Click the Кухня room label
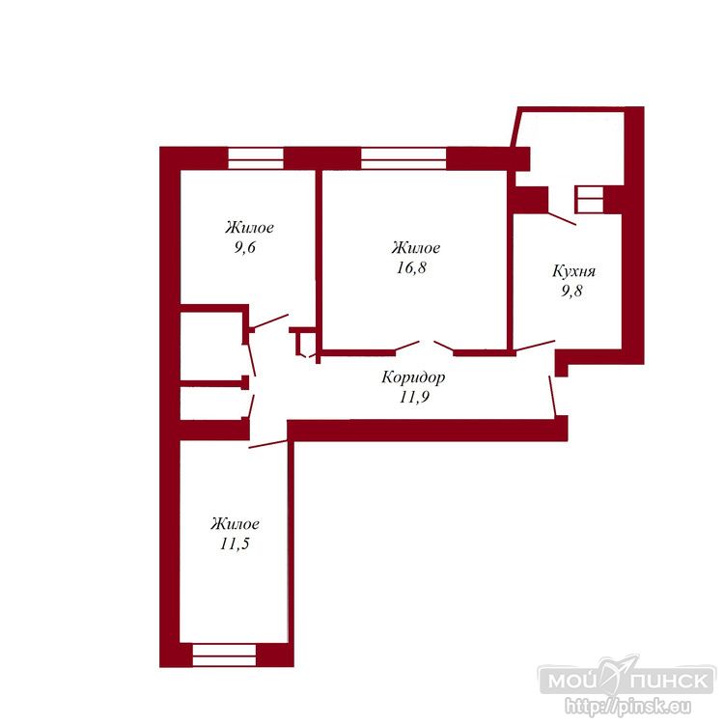pyautogui.click(x=574, y=271)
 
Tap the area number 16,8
pyautogui.click(x=411, y=267)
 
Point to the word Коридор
pyautogui.click(x=414, y=377)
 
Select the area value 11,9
pyautogui.click(x=415, y=397)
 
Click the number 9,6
pyautogui.click(x=245, y=248)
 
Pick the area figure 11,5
pyautogui.click(x=235, y=543)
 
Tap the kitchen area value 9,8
pyautogui.click(x=571, y=291)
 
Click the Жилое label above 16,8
pyautogui.click(x=416, y=248)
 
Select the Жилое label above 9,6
pyautogui.click(x=249, y=228)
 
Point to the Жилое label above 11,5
pyautogui.click(x=235, y=523)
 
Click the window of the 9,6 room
pyautogui.click(x=256, y=158)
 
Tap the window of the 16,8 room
pyautogui.click(x=404, y=158)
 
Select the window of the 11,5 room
pyautogui.click(x=224, y=655)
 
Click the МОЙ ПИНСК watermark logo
pyautogui.click(x=627, y=680)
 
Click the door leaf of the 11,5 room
pyautogui.click(x=267, y=444)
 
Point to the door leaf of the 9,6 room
pyautogui.click(x=270, y=321)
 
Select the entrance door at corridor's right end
pyautogui.click(x=553, y=396)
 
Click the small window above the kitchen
pyautogui.click(x=590, y=200)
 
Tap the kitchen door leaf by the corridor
pyautogui.click(x=535, y=346)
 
